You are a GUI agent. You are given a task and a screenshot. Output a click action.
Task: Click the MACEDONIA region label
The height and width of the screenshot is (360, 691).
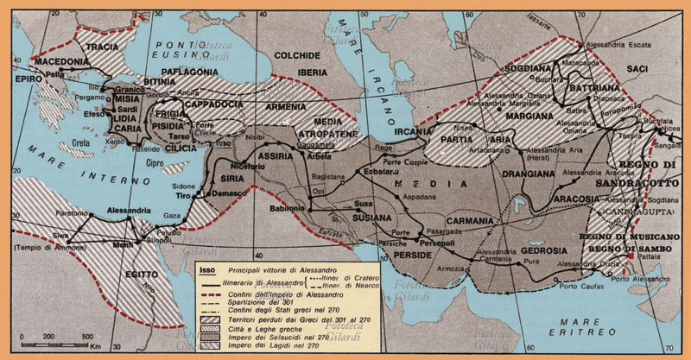point(62,62)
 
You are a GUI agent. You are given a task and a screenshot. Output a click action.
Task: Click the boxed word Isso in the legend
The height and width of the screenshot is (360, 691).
point(207,270)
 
